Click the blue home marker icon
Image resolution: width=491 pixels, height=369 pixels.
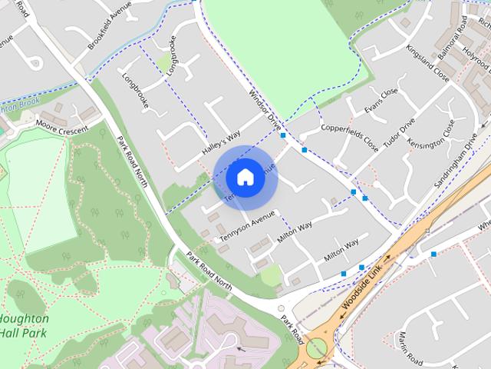245,177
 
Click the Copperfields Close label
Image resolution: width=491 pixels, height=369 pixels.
350,137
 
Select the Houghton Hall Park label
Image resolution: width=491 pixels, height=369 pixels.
25,325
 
